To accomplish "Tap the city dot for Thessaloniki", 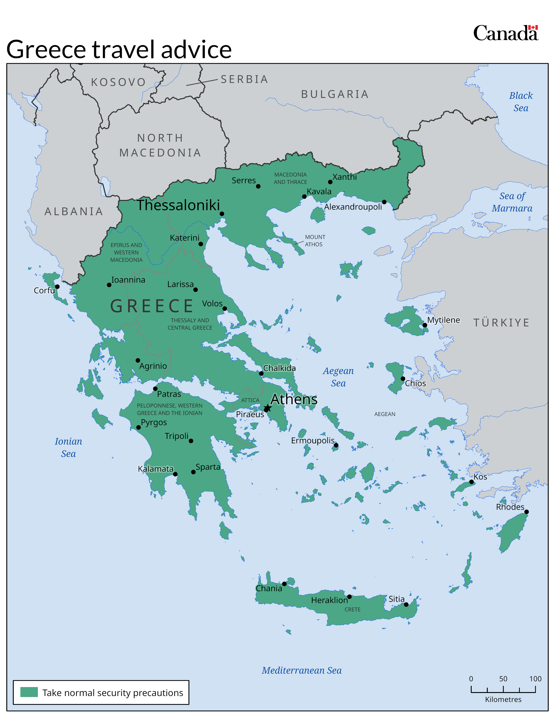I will pyautogui.click(x=222, y=214).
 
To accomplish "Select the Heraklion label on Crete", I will pyautogui.click(x=329, y=600).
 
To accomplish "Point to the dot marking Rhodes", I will pyautogui.click(x=526, y=512).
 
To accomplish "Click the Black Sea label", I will pyautogui.click(x=521, y=102).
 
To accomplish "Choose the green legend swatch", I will pyautogui.click(x=29, y=692).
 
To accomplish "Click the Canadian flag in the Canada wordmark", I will pyautogui.click(x=533, y=28).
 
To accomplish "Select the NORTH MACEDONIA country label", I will pyautogui.click(x=160, y=145).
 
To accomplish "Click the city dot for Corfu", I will pyautogui.click(x=57, y=287).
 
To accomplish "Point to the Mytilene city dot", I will pyautogui.click(x=425, y=325).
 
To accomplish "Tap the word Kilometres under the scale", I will pyautogui.click(x=503, y=700).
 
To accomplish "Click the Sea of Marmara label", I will pyautogui.click(x=512, y=202).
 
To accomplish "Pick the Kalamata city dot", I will pyautogui.click(x=175, y=474).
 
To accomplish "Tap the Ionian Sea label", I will pyautogui.click(x=68, y=447).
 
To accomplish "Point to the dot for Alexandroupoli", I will pyautogui.click(x=384, y=202).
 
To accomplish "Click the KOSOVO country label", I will pyautogui.click(x=118, y=82).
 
